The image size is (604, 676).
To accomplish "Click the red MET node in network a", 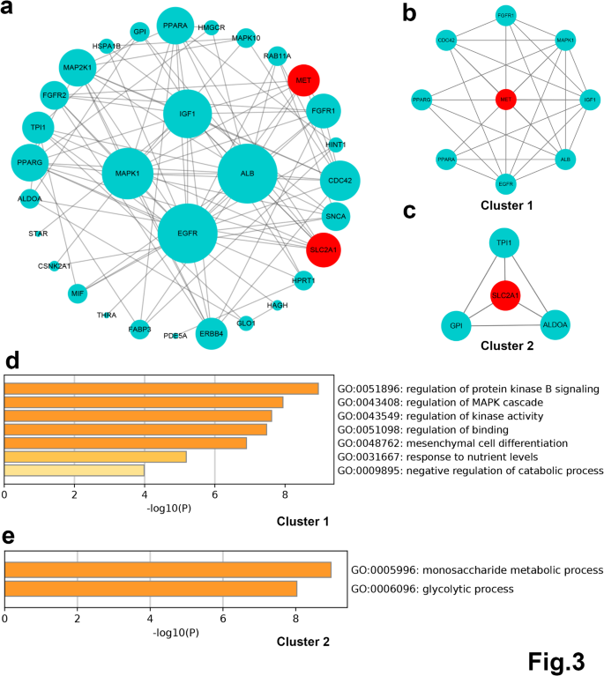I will [x=303, y=80].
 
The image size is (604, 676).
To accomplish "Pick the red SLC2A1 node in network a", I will [x=324, y=250].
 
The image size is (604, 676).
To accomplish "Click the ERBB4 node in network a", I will [x=211, y=333].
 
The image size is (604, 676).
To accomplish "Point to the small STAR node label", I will [x=38, y=234].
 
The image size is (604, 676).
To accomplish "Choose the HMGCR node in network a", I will [x=213, y=27].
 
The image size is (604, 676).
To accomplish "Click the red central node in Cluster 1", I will [x=506, y=100].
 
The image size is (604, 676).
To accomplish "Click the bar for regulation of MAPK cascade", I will [x=144, y=403].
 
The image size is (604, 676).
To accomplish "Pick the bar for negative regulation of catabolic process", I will [x=74, y=472].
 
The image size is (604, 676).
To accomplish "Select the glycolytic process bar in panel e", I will [x=151, y=588].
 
